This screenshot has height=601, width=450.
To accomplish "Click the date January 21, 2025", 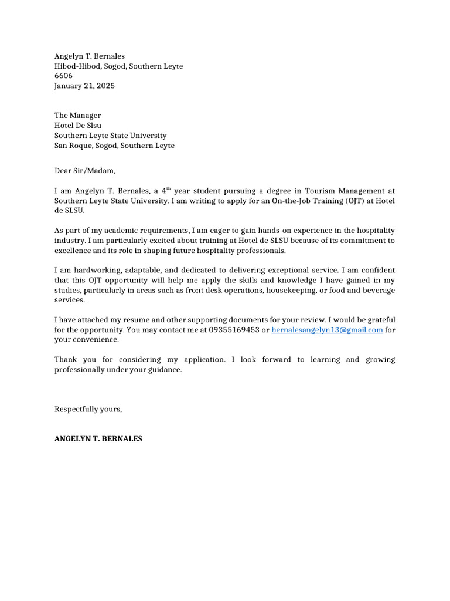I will pos(84,86).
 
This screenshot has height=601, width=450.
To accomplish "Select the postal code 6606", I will pos(63,76).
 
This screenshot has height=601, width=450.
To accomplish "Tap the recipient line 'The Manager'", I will pos(77,116).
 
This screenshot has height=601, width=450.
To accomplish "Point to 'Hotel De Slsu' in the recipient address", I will pos(77,126).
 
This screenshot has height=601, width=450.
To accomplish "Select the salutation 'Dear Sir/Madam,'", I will pos(85,171).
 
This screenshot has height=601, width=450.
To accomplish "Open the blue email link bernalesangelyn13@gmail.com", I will pos(327,330).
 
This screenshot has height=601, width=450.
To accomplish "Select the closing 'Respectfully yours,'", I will pos(88,409).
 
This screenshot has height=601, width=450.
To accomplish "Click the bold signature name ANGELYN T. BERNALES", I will pos(98,438).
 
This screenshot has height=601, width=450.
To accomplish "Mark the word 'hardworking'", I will pos(96,270).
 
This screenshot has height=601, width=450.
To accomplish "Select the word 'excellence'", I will pos(74,251).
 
